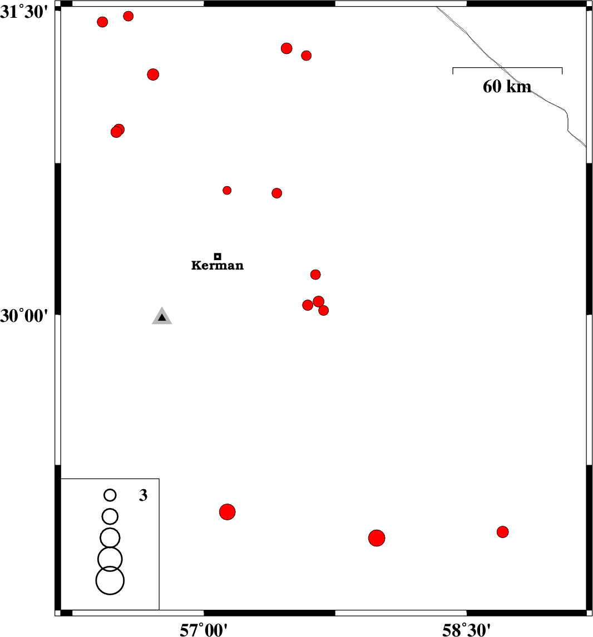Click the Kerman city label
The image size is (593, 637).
(218, 265)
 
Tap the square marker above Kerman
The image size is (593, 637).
(218, 256)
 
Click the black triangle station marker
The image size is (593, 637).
(162, 317)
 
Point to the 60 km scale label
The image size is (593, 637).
(507, 86)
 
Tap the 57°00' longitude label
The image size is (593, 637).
(204, 630)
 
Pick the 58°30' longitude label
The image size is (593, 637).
(466, 630)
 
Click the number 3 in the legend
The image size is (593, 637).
(143, 495)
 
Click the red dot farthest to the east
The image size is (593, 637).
(502, 532)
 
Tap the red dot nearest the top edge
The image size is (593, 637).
(128, 16)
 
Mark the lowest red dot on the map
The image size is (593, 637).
(377, 538)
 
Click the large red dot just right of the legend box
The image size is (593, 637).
(227, 512)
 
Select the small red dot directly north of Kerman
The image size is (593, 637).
(227, 190)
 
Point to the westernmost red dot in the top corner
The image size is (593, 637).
(102, 22)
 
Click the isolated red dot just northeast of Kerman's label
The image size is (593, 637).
(315, 275)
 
